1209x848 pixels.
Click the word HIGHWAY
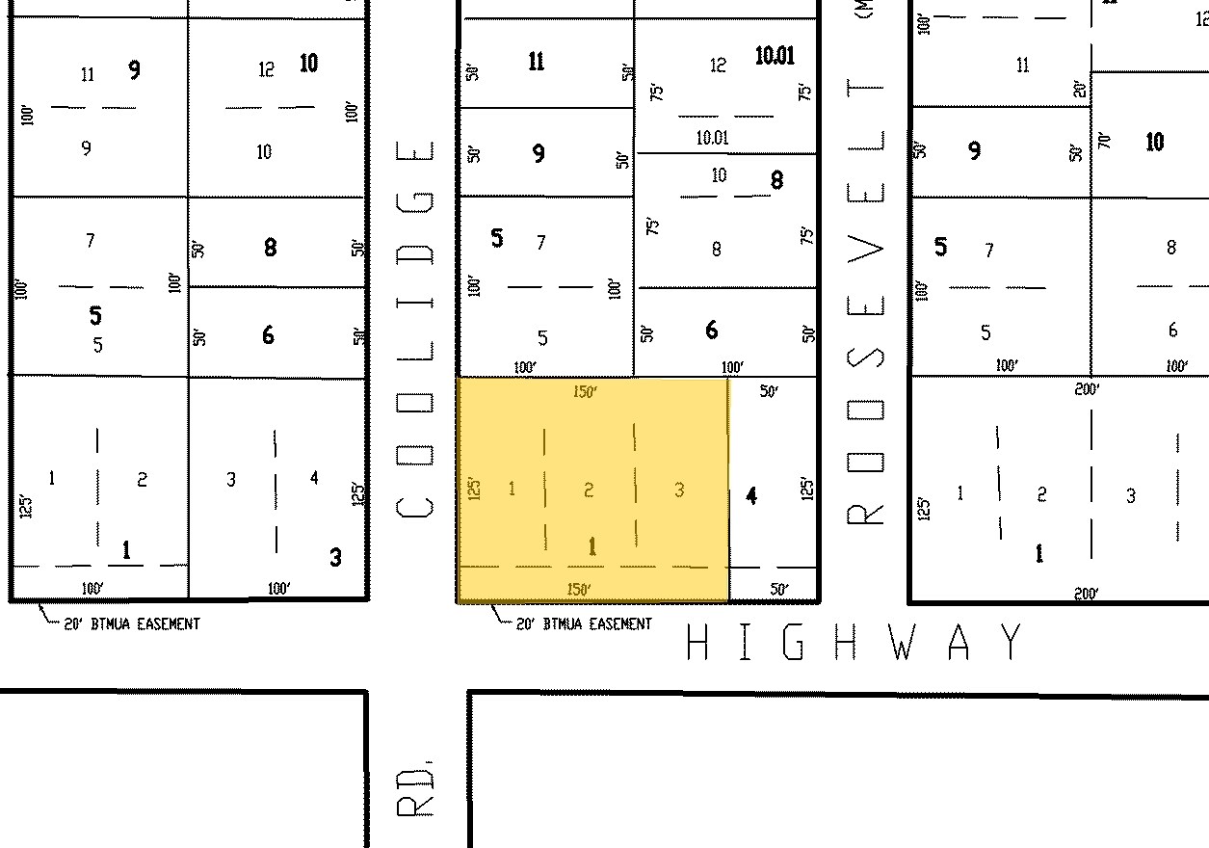854,643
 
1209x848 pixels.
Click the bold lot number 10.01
775,56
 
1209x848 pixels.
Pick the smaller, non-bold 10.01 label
712,138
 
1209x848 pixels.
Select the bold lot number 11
537,63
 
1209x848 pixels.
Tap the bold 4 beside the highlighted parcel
751,496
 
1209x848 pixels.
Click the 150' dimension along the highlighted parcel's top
584,391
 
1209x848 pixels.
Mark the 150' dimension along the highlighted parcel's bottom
578,589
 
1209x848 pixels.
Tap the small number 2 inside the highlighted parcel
589,490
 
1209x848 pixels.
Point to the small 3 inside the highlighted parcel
679,490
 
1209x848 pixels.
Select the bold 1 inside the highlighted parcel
592,547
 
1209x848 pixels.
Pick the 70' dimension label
1104,139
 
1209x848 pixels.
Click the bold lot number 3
335,557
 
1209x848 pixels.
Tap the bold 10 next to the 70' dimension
1154,143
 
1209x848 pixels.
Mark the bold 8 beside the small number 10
776,180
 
